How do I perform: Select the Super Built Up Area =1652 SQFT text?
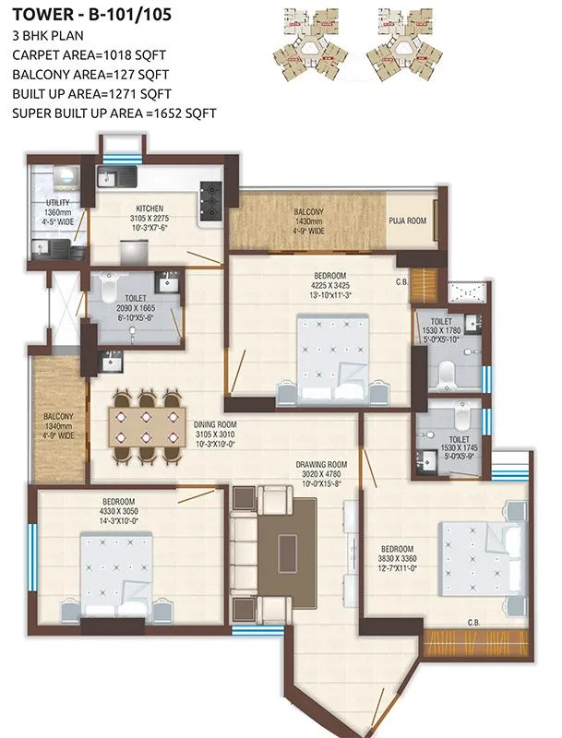pyautogui.click(x=114, y=113)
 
